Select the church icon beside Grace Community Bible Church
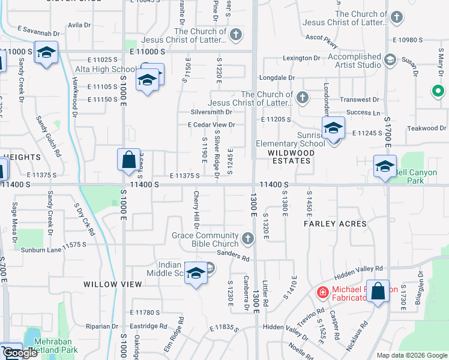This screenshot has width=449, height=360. [x=247, y=240]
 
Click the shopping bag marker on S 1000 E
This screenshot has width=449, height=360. [x=128, y=160]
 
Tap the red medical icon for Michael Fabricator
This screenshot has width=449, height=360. [x=322, y=292]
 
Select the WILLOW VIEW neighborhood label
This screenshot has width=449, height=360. [x=108, y=284]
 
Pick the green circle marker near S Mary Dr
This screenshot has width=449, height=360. [x=438, y=92]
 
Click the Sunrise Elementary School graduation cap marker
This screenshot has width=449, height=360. [x=333, y=127]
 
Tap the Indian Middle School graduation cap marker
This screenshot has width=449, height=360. [x=195, y=273]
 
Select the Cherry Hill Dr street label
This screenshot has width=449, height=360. [x=196, y=210]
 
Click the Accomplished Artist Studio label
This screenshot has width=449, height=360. [x=354, y=61]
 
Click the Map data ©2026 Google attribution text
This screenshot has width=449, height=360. [x=411, y=355]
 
